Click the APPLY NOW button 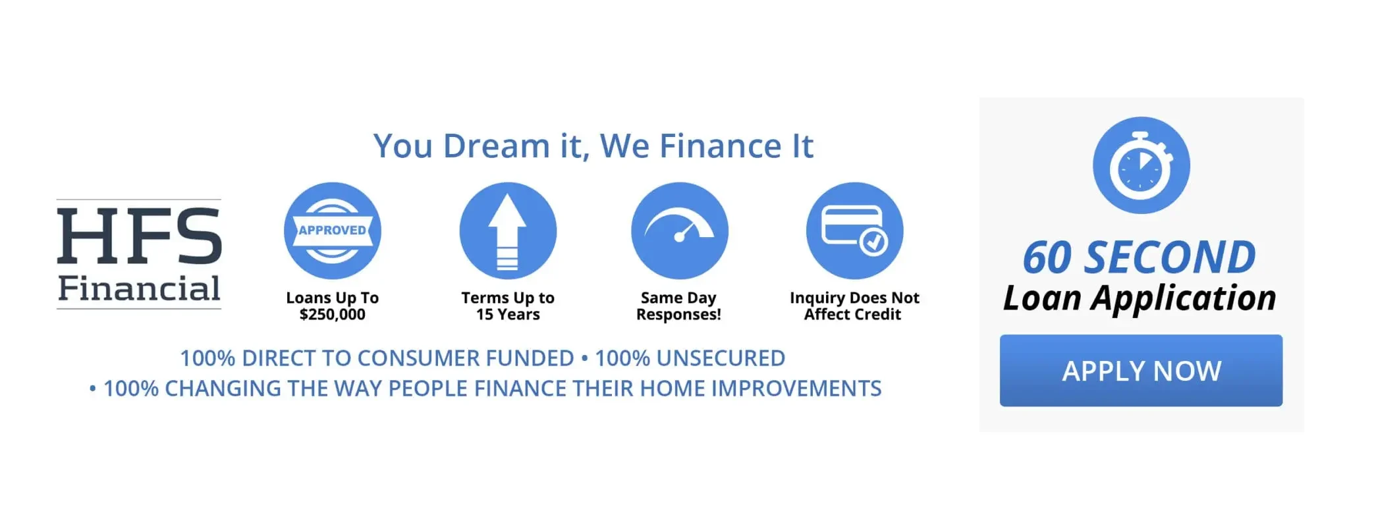point(1140,370)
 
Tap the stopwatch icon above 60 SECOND point(1141,165)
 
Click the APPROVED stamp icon point(333,231)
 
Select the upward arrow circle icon point(508,231)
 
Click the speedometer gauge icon point(679,231)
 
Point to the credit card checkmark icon point(854,231)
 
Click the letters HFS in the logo point(139,236)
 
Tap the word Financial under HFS point(139,288)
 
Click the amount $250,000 point(332,315)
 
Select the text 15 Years point(508,315)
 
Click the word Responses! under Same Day point(678,315)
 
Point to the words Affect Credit point(852,315)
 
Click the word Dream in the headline point(496,146)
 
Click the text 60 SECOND point(1139,258)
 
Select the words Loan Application point(1140,298)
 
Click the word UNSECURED point(721,358)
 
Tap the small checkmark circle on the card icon point(873,242)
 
